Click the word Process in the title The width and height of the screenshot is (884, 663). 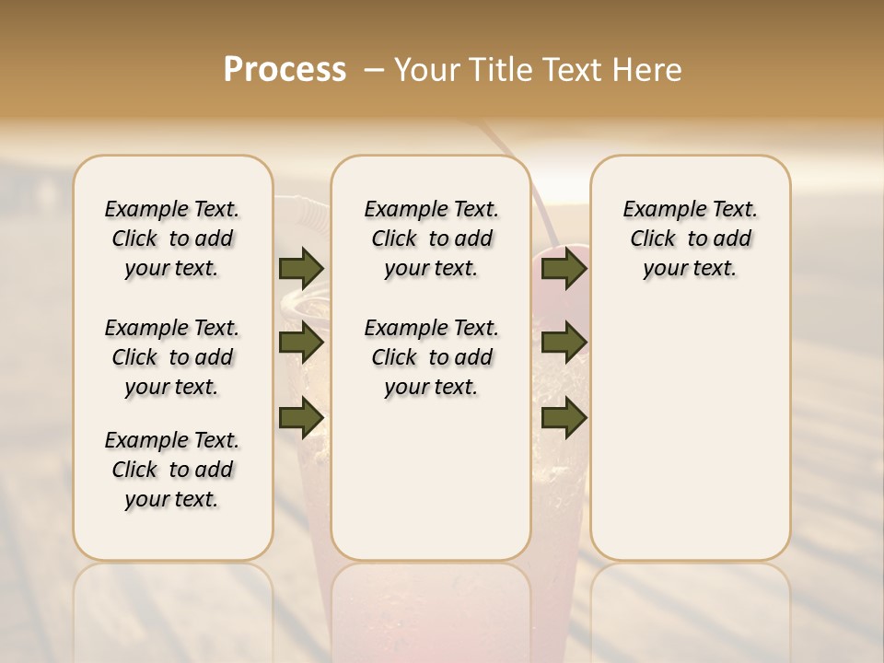[285, 70]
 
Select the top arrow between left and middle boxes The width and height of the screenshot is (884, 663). [301, 268]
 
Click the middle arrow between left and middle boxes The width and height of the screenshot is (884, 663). [301, 343]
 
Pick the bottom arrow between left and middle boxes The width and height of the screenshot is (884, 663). [301, 417]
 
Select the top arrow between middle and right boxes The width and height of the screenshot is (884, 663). [564, 268]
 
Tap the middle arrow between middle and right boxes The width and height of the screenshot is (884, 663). [564, 343]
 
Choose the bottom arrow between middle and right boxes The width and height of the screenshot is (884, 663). [564, 417]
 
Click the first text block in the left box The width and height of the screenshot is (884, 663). [172, 238]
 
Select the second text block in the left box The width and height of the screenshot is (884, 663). [172, 357]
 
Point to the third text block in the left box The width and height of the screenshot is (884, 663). [172, 470]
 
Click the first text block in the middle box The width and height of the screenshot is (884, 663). [431, 238]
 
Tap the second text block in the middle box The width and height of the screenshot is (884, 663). [431, 357]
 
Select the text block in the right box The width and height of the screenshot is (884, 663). [690, 238]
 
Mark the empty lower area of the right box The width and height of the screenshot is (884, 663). [690, 433]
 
